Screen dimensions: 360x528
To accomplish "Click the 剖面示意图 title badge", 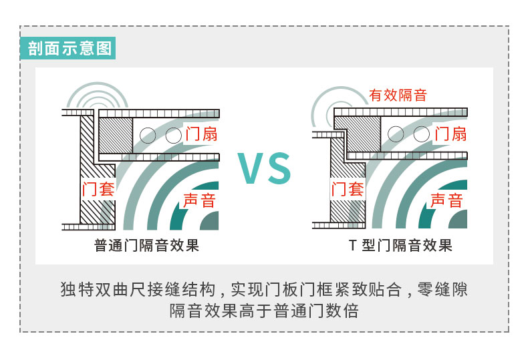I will coord(68,49).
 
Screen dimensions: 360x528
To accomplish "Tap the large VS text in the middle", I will coord(265,168).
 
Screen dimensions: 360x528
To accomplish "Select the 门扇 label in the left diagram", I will coord(201,134).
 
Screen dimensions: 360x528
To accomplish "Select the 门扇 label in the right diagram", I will coord(450,134).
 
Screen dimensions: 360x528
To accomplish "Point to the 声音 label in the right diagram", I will coord(446,200).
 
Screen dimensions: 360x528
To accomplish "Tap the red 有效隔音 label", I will coord(398,95).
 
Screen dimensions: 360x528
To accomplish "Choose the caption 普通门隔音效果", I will coord(147,246).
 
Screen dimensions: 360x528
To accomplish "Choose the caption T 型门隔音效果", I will coord(400,246).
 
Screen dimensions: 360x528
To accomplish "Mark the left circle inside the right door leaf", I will coord(396,134).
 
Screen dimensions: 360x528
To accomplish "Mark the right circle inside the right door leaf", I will coord(421,134).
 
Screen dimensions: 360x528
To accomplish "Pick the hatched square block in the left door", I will coord(115,136).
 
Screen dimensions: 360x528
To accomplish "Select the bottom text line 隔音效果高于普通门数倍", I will coord(264,311).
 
